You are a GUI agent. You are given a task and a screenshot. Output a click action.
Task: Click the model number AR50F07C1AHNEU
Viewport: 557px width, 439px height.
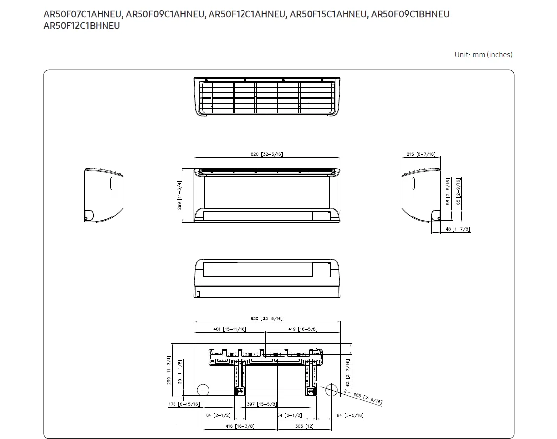(82, 14)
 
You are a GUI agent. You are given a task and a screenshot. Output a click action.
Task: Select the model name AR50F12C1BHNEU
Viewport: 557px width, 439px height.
(82, 26)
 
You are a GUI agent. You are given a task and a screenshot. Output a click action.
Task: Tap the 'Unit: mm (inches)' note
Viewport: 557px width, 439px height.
(484, 55)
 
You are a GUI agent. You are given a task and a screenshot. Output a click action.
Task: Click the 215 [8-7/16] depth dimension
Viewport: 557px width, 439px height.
(421, 154)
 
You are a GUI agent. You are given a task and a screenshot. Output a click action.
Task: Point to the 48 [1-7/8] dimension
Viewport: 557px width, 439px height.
(457, 229)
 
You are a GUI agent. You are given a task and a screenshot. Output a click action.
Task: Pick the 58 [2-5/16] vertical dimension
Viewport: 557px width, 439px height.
(448, 192)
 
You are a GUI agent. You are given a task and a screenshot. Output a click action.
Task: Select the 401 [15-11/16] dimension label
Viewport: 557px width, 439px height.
(230, 329)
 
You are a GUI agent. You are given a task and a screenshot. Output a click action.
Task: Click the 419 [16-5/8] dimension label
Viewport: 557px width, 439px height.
(303, 329)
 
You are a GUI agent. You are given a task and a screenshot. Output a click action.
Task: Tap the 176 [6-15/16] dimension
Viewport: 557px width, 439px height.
(184, 404)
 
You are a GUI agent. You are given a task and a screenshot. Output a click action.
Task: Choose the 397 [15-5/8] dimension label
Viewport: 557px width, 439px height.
(262, 404)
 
